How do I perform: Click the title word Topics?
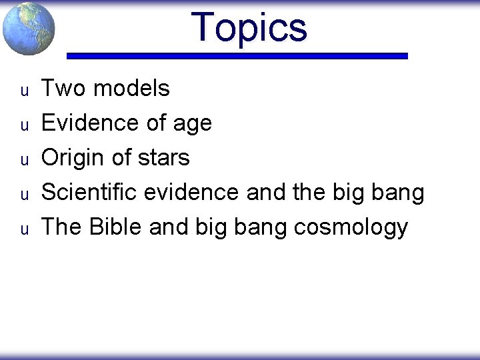pyautogui.click(x=249, y=28)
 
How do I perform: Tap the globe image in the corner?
pyautogui.click(x=29, y=28)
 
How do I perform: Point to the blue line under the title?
pyautogui.click(x=237, y=57)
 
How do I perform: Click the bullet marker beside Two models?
pyautogui.click(x=23, y=90)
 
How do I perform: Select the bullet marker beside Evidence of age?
pyautogui.click(x=23, y=125)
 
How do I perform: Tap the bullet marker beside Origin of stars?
pyautogui.click(x=23, y=159)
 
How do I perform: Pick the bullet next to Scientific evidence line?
pyautogui.click(x=23, y=194)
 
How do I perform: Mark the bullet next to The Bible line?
pyautogui.click(x=23, y=229)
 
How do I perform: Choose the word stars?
pyautogui.click(x=163, y=158)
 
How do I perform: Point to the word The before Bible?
pyautogui.click(x=61, y=227)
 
